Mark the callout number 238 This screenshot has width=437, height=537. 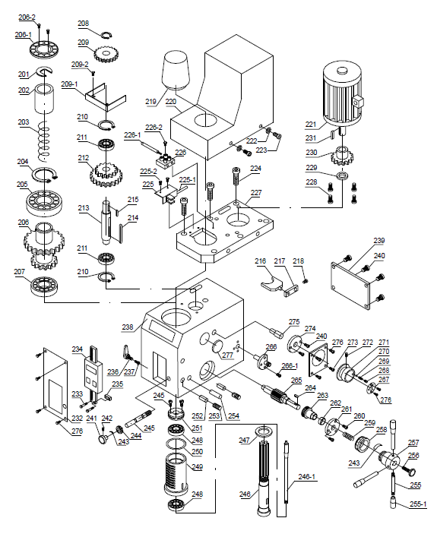(128, 327)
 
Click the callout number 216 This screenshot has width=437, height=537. (261, 261)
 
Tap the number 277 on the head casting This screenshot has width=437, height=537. (226, 355)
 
